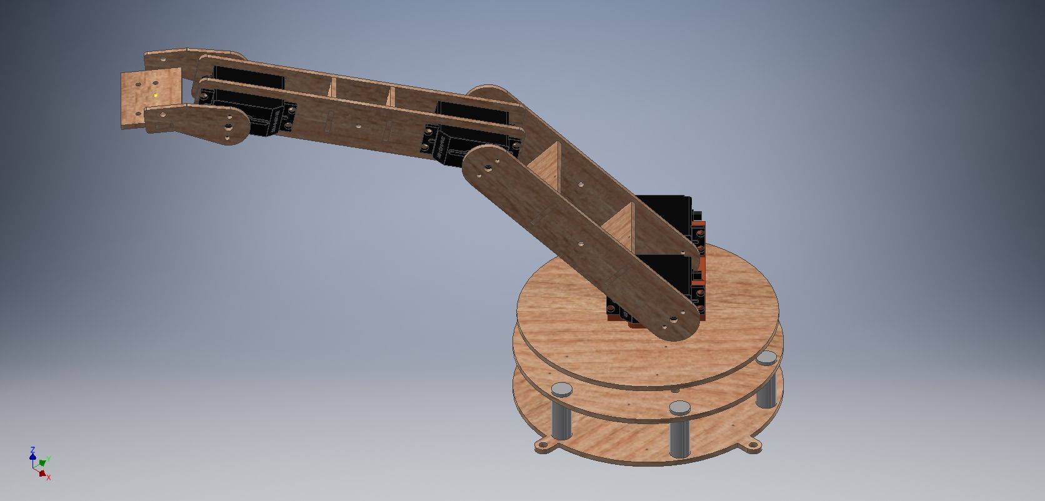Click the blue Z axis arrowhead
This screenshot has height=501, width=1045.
point(32,449)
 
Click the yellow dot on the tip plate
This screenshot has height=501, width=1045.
point(156,96)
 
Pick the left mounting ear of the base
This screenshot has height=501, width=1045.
point(544,445)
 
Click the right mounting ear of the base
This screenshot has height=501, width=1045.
point(752,445)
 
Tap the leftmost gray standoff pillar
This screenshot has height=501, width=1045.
point(562,412)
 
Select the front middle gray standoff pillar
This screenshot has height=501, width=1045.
point(679,431)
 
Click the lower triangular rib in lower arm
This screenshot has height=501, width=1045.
point(622,228)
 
